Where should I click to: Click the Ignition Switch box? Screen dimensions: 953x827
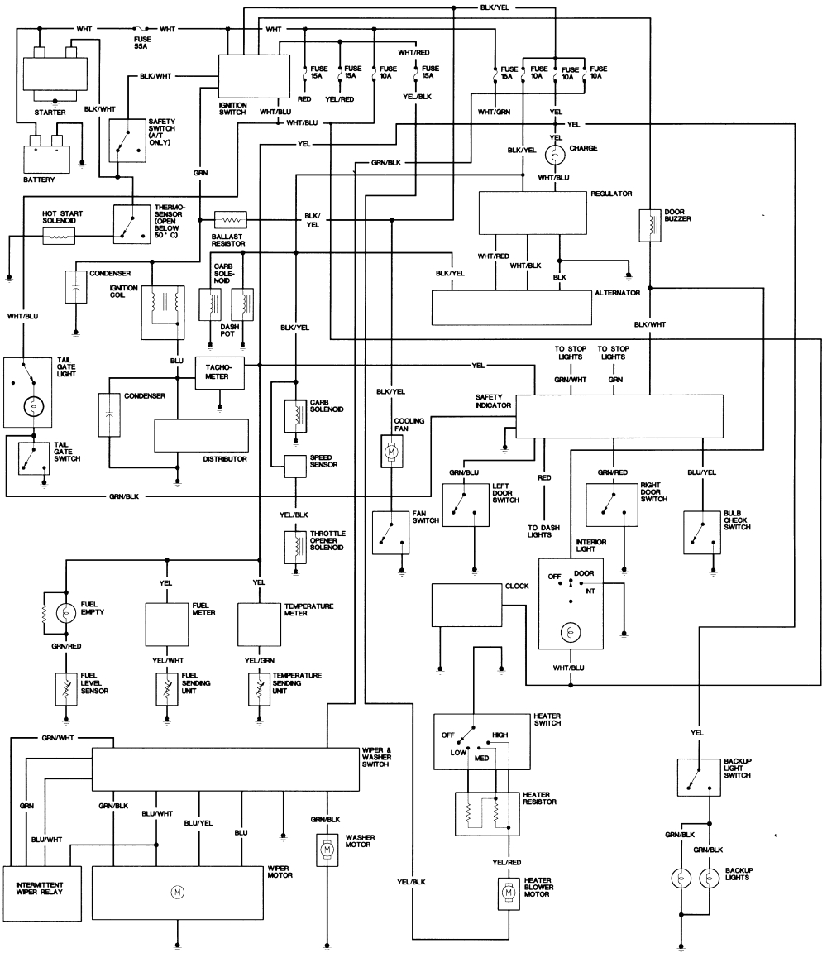click(248, 78)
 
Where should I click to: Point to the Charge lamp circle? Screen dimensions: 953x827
click(556, 154)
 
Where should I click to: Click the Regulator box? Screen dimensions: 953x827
click(533, 213)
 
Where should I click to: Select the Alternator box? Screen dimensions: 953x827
click(512, 309)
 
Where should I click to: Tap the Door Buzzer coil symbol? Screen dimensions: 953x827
click(650, 225)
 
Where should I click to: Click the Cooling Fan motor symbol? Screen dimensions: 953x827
click(390, 453)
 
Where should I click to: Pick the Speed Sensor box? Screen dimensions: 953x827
click(295, 467)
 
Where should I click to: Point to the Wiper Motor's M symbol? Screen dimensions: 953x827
click(176, 891)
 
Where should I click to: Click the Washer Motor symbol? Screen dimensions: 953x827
click(327, 850)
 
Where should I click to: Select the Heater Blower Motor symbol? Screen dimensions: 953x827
click(505, 893)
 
